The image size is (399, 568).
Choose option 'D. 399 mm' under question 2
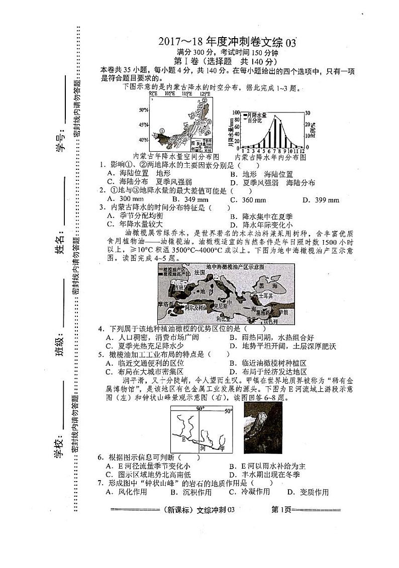click(x=321, y=200)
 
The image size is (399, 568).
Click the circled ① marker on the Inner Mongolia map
click(x=162, y=130)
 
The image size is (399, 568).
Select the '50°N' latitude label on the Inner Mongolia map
click(x=143, y=110)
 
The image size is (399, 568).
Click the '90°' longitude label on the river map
click(x=200, y=408)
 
